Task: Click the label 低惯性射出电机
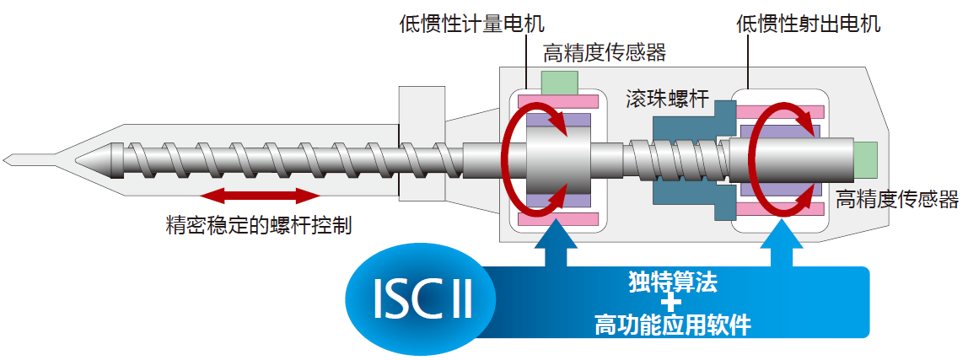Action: [x=808, y=23]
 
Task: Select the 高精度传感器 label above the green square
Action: [x=605, y=53]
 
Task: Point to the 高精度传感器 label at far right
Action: [x=897, y=200]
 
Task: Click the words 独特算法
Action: [x=672, y=282]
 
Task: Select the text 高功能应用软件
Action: [x=672, y=324]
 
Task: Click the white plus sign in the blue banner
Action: [x=671, y=303]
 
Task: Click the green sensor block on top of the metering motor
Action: [x=560, y=83]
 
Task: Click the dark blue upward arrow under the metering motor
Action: [x=557, y=244]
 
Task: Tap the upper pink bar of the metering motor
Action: [x=558, y=102]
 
